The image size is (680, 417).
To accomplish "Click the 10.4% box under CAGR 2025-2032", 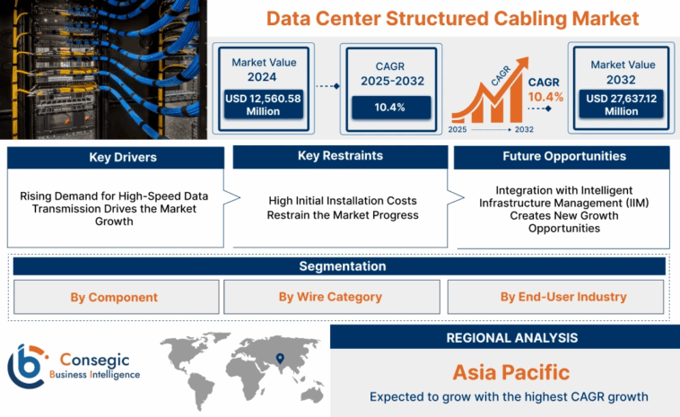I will tap(388, 108).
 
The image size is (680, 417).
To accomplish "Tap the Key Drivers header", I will tap(116, 158).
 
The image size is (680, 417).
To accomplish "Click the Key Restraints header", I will tap(340, 157).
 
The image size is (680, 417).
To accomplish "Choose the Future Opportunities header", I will tap(563, 157).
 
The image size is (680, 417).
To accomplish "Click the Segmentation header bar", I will tap(339, 266).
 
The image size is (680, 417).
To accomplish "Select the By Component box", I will tap(114, 297).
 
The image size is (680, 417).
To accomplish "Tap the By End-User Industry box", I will tap(557, 297).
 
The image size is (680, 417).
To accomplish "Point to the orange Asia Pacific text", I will tap(510, 371).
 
